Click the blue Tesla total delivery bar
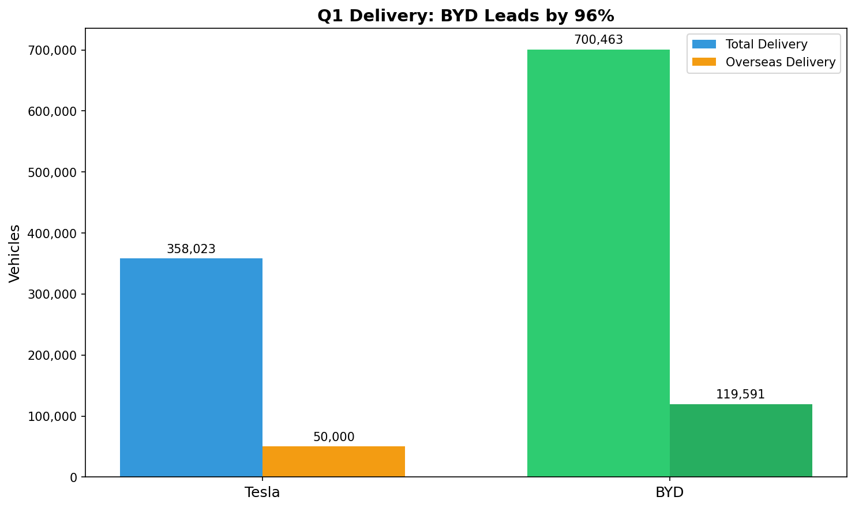(191, 367)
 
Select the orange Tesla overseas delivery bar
(333, 461)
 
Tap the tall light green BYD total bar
(598, 263)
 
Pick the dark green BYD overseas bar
(741, 441)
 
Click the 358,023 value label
(191, 249)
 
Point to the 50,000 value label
(333, 437)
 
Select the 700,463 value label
(598, 40)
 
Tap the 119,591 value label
(740, 394)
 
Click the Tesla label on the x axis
(262, 492)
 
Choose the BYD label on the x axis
(669, 492)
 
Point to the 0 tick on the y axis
(73, 477)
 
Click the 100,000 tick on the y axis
(52, 416)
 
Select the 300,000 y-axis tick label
(52, 294)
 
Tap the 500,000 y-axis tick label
(52, 172)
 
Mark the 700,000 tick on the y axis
(52, 50)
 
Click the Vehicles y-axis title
(15, 253)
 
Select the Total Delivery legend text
(766, 44)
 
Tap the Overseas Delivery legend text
(780, 62)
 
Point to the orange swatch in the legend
(704, 62)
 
